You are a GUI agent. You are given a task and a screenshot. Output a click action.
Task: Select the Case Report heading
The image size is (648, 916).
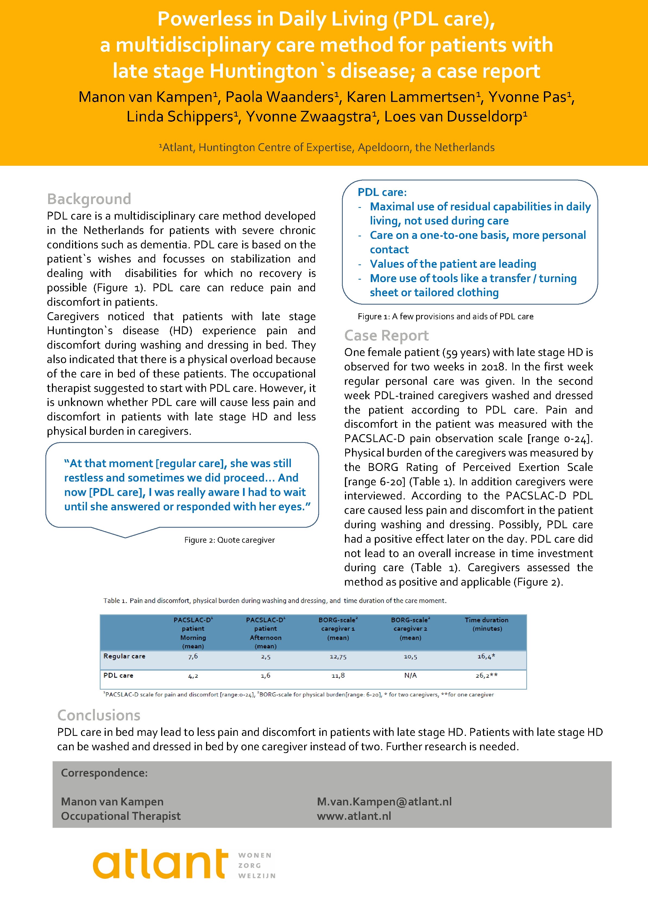coord(386,336)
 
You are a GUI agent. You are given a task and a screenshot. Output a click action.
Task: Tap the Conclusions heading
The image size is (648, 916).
coord(99,715)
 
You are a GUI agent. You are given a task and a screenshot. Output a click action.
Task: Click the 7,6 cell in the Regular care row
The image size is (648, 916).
coord(193,656)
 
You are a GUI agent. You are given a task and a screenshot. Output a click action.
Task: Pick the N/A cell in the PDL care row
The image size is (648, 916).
coord(410,676)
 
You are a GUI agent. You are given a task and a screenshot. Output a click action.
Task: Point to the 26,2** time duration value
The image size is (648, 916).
coord(486,676)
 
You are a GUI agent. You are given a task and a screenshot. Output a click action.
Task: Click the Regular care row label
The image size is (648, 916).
coord(124,656)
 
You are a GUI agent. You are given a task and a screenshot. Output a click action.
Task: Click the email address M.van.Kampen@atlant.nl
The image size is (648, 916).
coord(384,802)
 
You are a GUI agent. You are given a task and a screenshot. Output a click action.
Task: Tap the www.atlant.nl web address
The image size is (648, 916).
coord(354,816)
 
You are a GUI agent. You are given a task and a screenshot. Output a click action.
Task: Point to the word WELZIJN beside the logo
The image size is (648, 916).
coord(257,876)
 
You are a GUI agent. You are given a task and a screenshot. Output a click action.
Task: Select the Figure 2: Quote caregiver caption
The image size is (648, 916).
coord(229,540)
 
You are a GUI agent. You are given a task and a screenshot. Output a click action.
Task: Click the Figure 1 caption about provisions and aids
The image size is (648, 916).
coord(445,316)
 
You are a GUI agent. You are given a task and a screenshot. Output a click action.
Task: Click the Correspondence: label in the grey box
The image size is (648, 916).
coord(104,773)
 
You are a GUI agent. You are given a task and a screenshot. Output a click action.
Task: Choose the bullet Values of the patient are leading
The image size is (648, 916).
coord(453,264)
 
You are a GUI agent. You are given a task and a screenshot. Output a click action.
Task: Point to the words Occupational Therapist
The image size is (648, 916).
coord(120,816)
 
